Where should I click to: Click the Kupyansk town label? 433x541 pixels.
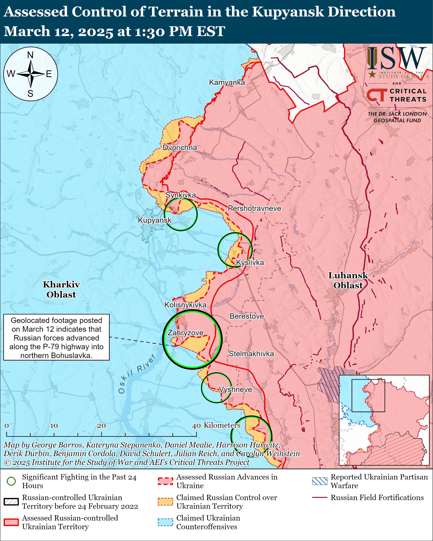pos(155,220)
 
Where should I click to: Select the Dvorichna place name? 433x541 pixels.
pos(180,148)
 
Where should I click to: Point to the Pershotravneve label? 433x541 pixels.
pos(254,208)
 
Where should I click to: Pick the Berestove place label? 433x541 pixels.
pos(247,316)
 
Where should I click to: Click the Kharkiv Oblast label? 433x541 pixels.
pos(61,289)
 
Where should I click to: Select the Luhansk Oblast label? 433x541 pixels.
pos(348,280)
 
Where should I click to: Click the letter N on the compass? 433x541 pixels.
pos(30,55)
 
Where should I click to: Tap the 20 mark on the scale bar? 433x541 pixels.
pos(101,426)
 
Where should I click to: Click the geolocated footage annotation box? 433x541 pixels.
pos(57,337)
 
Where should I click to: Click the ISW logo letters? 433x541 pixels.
pos(397,59)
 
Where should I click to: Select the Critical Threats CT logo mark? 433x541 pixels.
pos(376,95)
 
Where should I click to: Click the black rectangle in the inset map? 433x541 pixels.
pos(368,396)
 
